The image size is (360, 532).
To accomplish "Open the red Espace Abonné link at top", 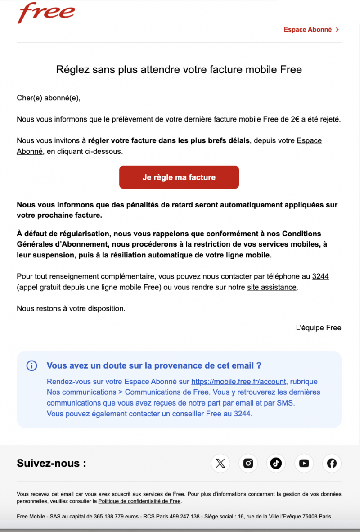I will click(x=308, y=30).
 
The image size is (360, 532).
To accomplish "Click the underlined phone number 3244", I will click(x=320, y=276).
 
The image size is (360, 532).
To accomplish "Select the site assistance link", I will click(x=272, y=287).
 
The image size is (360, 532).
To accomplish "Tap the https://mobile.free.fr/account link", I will click(x=239, y=382).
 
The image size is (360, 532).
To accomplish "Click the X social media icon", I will click(x=220, y=463).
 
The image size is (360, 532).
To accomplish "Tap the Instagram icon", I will click(x=248, y=463).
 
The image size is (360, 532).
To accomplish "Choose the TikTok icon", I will click(x=276, y=463).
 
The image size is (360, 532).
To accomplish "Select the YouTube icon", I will click(x=304, y=463).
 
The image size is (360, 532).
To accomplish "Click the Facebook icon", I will click(x=332, y=463).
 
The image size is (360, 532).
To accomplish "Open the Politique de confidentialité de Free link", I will click(x=139, y=501).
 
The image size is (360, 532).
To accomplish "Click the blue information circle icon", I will click(x=31, y=365).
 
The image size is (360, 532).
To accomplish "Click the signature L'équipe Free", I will click(x=319, y=328).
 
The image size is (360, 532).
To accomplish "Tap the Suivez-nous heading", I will click(x=51, y=463).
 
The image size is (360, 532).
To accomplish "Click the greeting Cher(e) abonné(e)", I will click(x=49, y=98).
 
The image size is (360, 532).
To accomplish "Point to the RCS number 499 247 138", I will click(x=183, y=516).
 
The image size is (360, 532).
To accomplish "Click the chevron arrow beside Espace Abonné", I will click(x=337, y=30).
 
